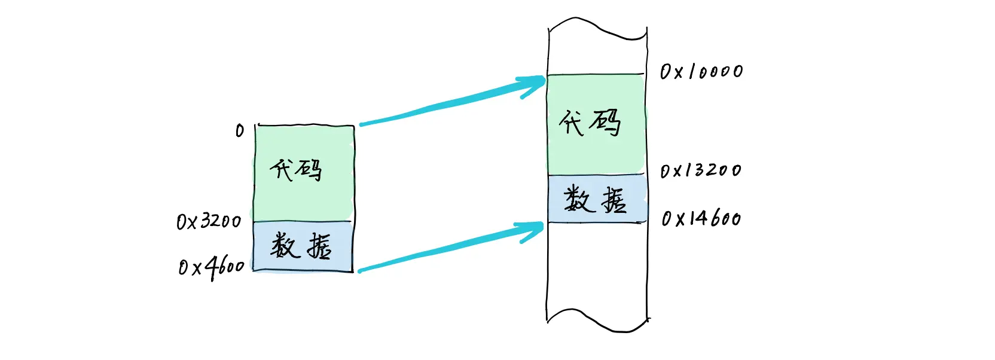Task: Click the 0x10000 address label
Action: [x=701, y=72]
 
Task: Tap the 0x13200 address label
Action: [x=700, y=170]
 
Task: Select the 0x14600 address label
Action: [x=701, y=218]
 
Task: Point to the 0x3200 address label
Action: [x=209, y=221]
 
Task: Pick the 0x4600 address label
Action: [x=211, y=267]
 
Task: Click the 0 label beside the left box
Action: [x=240, y=130]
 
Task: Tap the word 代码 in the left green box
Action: [x=296, y=170]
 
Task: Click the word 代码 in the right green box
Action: [x=590, y=123]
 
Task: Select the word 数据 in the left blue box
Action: [x=301, y=246]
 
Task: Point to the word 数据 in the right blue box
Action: [x=596, y=199]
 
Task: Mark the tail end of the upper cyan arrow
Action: [x=362, y=124]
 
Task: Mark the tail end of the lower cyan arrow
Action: [x=361, y=271]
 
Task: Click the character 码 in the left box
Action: [x=309, y=170]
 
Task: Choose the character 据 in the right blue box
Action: [x=614, y=200]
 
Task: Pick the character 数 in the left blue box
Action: [x=283, y=245]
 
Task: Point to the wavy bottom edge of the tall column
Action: [x=597, y=321]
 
